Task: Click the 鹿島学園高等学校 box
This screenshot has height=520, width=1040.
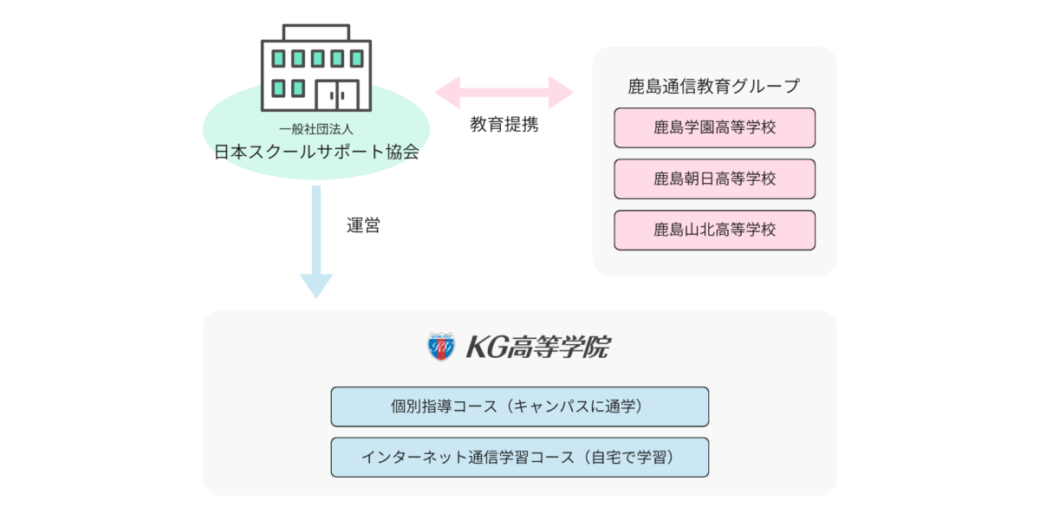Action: (x=714, y=127)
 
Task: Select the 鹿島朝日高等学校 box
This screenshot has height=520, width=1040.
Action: (x=714, y=179)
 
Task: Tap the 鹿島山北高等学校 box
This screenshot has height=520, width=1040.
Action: (x=714, y=230)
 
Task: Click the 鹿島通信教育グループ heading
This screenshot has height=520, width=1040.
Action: (x=714, y=86)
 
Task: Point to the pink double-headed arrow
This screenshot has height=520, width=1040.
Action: (x=504, y=92)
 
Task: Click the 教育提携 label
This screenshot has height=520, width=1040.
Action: (x=504, y=124)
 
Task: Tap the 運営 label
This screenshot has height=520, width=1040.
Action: (x=362, y=226)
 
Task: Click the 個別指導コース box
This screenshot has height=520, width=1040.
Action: (x=519, y=406)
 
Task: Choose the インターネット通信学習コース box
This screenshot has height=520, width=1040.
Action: (x=519, y=457)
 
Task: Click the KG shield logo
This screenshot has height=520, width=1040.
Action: (x=441, y=347)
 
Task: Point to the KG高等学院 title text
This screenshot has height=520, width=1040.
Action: (x=537, y=348)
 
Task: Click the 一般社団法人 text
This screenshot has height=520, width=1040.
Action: (x=316, y=130)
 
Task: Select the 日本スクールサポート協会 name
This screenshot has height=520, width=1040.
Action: (x=316, y=153)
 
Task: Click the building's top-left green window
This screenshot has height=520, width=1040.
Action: (x=279, y=59)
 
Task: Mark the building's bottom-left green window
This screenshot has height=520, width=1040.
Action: (x=279, y=88)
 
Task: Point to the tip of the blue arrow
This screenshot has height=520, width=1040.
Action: (x=316, y=296)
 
